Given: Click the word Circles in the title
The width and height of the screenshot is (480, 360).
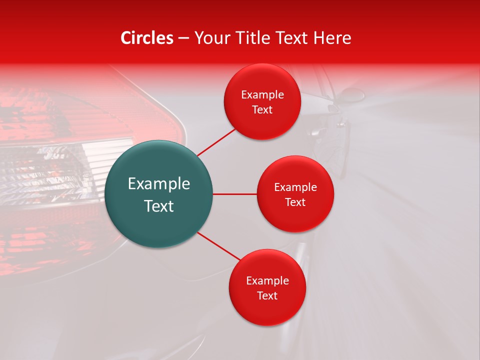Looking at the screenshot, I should pyautogui.click(x=147, y=38).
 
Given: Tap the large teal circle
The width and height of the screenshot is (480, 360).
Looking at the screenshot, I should pyautogui.click(x=159, y=194).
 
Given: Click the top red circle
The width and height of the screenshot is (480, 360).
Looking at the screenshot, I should pyautogui.click(x=262, y=102).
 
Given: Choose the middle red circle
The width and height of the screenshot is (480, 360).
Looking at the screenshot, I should pyautogui.click(x=295, y=194).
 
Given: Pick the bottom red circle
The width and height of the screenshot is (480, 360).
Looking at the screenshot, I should pyautogui.click(x=267, y=287).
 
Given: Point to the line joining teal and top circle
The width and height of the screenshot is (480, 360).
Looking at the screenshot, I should pyautogui.click(x=217, y=141).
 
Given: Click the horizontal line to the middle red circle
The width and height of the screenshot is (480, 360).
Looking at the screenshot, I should pyautogui.click(x=234, y=194).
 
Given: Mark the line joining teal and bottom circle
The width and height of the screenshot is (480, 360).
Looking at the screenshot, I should pyautogui.click(x=218, y=246).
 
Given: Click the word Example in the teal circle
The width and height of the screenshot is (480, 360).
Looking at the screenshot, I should pyautogui.click(x=159, y=184).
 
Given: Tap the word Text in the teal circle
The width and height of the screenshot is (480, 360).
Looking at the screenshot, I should pyautogui.click(x=159, y=206).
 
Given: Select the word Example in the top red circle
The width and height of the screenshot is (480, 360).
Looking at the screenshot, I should pyautogui.click(x=262, y=95).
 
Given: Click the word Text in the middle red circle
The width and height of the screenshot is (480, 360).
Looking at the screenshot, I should pyautogui.click(x=295, y=202).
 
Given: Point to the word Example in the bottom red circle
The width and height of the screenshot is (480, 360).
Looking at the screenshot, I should pyautogui.click(x=267, y=280).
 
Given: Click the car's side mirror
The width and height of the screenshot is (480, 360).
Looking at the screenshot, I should pyautogui.click(x=352, y=94).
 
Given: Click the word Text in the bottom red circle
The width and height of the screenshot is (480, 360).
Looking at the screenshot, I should pyautogui.click(x=267, y=295).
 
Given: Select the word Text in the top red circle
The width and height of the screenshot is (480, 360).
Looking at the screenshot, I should pyautogui.click(x=262, y=109).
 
